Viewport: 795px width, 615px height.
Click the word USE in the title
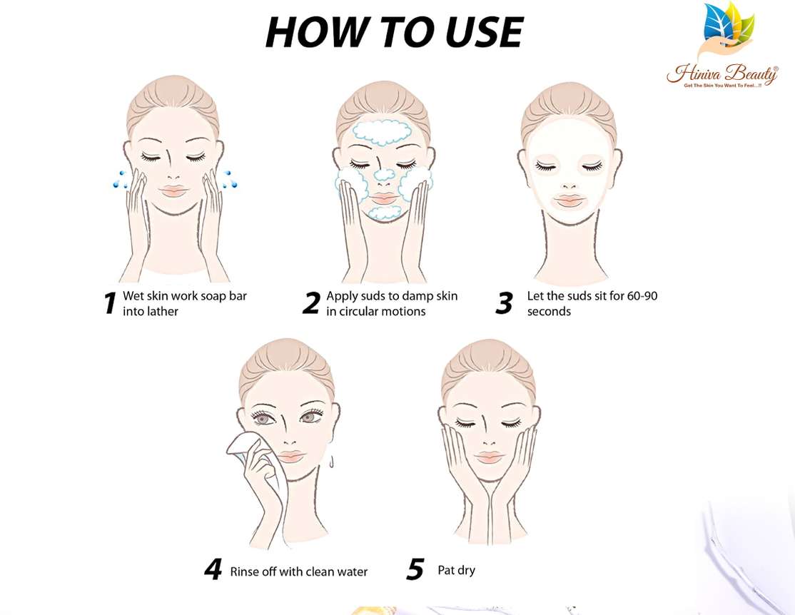(475, 32)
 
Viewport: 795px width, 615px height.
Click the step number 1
(109, 303)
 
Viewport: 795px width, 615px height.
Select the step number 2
(310, 303)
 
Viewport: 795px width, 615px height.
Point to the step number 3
(504, 303)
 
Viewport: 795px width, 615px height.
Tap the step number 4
(213, 570)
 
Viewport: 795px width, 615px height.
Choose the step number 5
(415, 570)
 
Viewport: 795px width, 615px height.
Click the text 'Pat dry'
(456, 570)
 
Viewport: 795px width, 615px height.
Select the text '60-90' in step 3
(642, 295)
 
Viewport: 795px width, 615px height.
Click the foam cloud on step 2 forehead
(383, 133)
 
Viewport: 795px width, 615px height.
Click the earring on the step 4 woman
(333, 463)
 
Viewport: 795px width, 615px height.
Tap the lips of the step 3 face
(570, 201)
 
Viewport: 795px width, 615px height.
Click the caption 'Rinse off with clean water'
(299, 571)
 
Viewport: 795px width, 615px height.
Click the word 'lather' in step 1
(163, 312)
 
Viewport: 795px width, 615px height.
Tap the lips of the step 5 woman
(489, 457)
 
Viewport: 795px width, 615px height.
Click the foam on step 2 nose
(384, 176)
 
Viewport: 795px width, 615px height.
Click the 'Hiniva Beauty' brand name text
(722, 73)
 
